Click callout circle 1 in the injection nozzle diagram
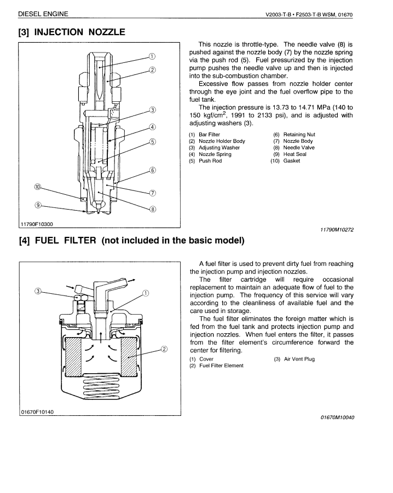coord(152,56)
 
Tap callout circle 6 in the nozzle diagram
coord(153,170)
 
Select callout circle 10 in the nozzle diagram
coord(38,186)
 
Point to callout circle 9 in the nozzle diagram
coord(38,205)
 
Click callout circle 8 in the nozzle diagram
coord(153,208)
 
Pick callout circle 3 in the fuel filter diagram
coord(38,291)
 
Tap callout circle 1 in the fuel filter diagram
coord(146,293)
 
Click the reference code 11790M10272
coord(334,230)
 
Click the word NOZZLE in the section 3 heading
coord(99,32)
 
